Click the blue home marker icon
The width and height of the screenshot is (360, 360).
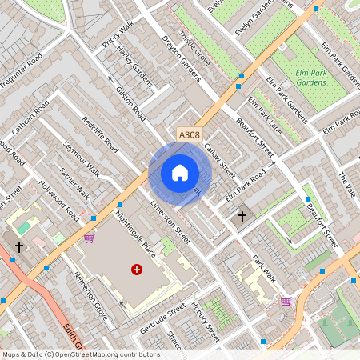point(180,172)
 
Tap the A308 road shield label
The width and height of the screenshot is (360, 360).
point(189,136)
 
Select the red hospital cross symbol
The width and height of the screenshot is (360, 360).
point(137,271)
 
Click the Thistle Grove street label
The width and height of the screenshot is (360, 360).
point(195,50)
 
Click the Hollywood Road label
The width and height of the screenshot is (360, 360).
point(62,203)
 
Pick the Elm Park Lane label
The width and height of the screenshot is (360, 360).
point(265,114)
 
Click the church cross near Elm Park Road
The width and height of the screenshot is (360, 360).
point(242,216)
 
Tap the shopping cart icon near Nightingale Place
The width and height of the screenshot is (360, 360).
point(89,238)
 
